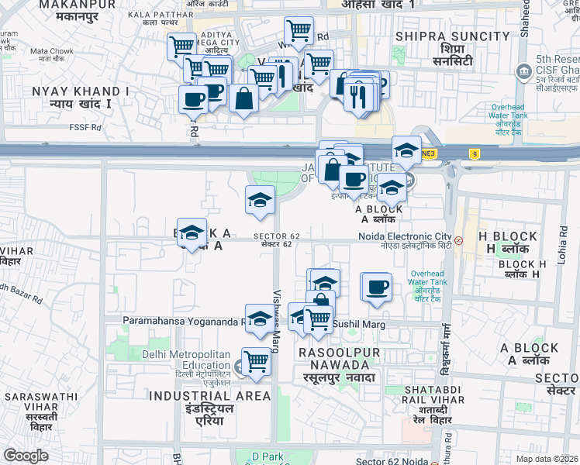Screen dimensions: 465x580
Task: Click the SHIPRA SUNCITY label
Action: tap(452, 36)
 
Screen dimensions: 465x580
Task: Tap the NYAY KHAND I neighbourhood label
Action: tap(81, 91)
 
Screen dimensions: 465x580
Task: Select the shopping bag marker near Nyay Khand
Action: tap(243, 98)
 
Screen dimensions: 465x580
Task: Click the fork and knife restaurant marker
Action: tap(358, 95)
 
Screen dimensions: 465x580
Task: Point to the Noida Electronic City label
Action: tap(404, 236)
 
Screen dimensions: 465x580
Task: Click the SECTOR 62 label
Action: tap(276, 236)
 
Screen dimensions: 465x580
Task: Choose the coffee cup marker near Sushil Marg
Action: tap(377, 288)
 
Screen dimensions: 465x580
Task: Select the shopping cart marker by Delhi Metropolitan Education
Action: tap(255, 361)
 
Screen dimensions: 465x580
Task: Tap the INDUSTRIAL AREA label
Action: tap(209, 396)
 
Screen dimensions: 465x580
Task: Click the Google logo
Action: tap(26, 456)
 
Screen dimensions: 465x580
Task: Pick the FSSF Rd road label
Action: tap(85, 127)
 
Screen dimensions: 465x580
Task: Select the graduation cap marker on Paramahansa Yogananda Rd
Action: tap(260, 318)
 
